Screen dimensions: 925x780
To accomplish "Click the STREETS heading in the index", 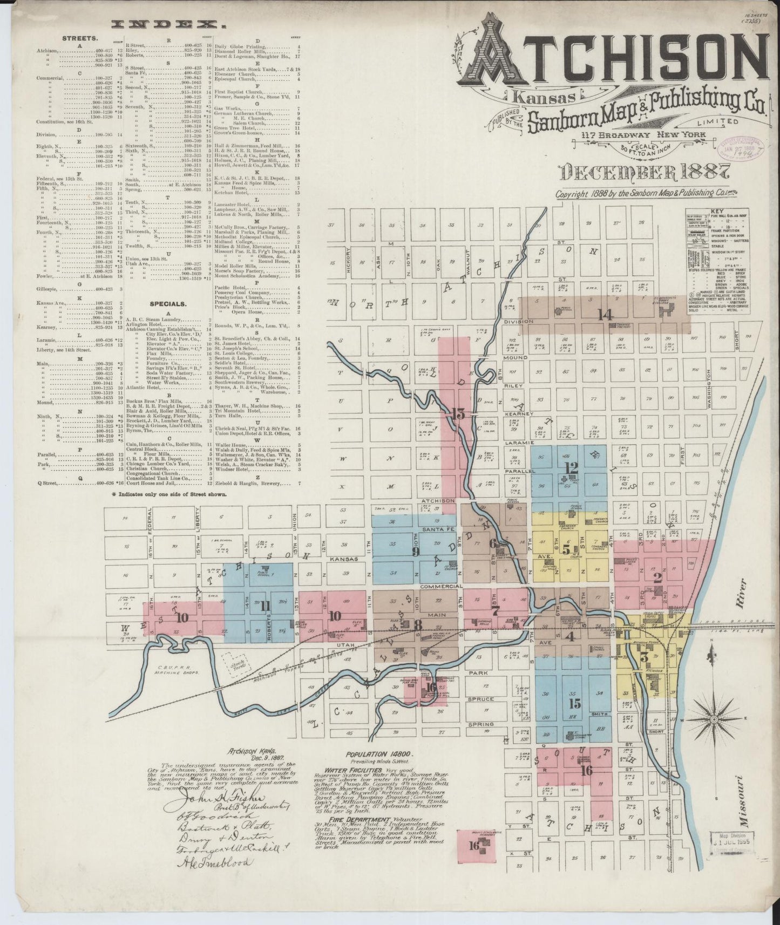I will [80, 39].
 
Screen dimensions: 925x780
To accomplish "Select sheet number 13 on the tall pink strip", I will [459, 414].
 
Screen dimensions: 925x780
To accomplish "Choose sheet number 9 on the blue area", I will [416, 551].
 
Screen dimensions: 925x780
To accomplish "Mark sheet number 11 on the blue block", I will [265, 606].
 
